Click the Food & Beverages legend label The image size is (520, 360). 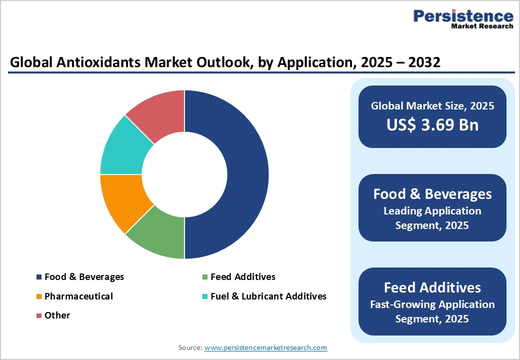84,277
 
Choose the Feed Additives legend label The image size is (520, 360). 242,277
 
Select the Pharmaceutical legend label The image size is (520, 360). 78,296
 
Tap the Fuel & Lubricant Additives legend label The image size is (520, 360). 268,296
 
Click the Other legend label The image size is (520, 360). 57,315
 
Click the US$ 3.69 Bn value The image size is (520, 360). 432,125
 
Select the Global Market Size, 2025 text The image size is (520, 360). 432,105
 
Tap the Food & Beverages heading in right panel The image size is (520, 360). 432,194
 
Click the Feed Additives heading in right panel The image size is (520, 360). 432,287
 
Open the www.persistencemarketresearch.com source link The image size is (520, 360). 265,347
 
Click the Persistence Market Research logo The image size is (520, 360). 463,19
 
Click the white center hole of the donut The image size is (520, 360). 184,174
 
